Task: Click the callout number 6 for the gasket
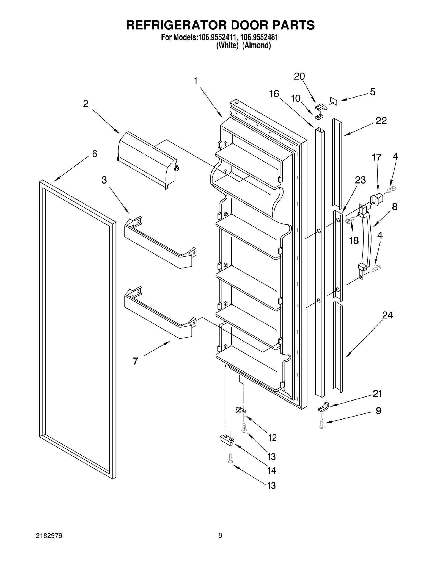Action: pyautogui.click(x=94, y=154)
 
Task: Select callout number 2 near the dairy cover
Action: pyautogui.click(x=86, y=104)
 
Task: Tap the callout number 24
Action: pyautogui.click(x=387, y=315)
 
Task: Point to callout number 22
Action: pyautogui.click(x=381, y=121)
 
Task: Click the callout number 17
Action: pyautogui.click(x=376, y=157)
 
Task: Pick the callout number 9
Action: pyautogui.click(x=378, y=411)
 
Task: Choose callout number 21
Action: pyautogui.click(x=377, y=394)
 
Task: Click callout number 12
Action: pyautogui.click(x=272, y=438)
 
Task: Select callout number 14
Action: pyautogui.click(x=272, y=471)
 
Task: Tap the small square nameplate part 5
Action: pyautogui.click(x=333, y=101)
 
